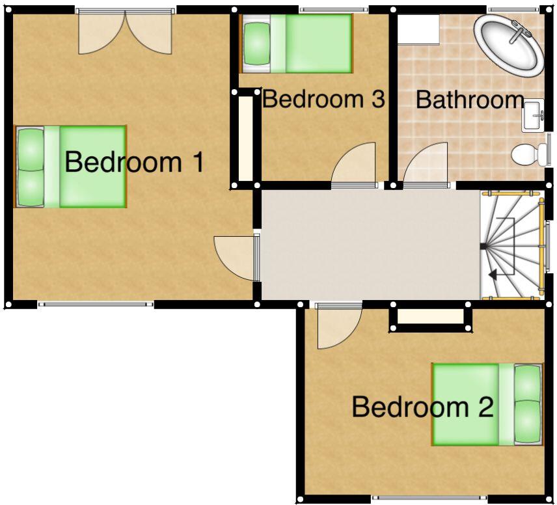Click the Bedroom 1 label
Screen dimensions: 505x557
(135, 162)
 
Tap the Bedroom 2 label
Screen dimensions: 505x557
(422, 407)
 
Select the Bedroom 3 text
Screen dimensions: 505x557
(323, 100)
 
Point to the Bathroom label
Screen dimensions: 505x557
(470, 100)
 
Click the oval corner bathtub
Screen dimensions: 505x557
(508, 45)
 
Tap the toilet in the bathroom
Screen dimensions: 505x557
(530, 155)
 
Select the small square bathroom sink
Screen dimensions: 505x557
(533, 116)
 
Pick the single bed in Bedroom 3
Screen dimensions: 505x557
(297, 43)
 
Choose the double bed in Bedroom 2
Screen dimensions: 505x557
(487, 404)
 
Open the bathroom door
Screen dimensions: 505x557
(427, 167)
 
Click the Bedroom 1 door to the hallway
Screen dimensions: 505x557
(236, 257)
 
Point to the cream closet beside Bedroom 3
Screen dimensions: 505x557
(246, 139)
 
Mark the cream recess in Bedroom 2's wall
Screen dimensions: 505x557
(430, 317)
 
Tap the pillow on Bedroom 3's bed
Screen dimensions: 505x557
(256, 43)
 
